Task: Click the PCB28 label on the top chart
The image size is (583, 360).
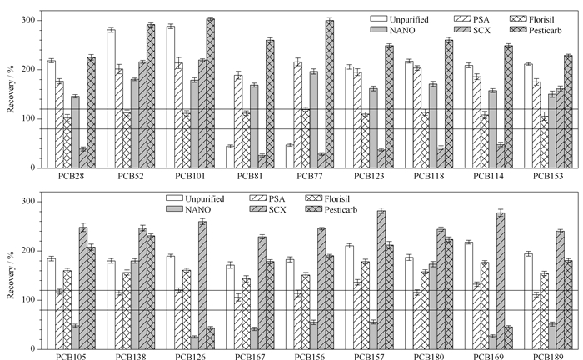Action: coord(71,176)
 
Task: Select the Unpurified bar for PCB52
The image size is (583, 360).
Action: coord(111,99)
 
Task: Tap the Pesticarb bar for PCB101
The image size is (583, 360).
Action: coord(211,93)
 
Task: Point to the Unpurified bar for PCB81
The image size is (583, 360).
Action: coord(230,157)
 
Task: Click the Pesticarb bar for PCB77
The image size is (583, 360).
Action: coord(330,94)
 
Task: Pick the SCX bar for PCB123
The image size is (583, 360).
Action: coord(381,159)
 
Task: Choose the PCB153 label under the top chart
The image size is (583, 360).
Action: coord(548,176)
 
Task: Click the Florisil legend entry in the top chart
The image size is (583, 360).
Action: coord(531,19)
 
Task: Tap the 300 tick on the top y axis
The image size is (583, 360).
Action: coord(28,20)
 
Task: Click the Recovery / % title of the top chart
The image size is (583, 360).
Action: coord(10,89)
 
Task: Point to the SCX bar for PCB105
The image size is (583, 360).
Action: coord(83,288)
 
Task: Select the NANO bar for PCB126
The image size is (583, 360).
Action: coord(194,342)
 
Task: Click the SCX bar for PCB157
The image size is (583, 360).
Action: coord(381,280)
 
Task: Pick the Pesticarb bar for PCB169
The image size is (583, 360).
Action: coord(509,338)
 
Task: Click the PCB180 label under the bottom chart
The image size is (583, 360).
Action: coord(429,357)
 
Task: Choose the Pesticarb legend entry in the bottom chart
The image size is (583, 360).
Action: coord(331,210)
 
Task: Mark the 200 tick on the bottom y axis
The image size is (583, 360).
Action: coord(28,251)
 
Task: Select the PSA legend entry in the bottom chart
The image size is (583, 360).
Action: coord(267,199)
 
